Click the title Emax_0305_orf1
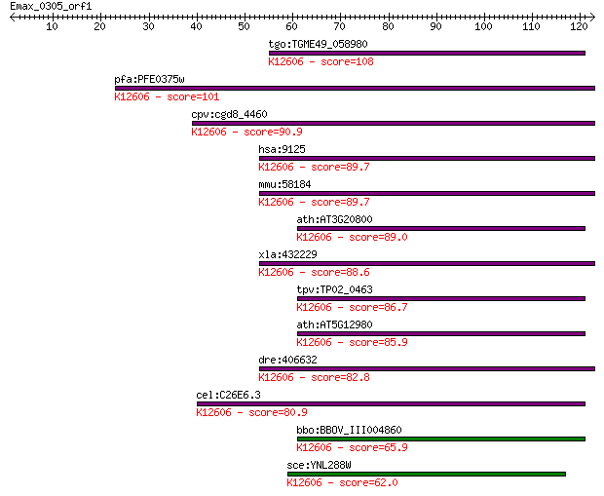51,6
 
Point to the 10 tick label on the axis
52,26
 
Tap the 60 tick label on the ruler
291,26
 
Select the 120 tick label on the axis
579,26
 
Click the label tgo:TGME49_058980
319,44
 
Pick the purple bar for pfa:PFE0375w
355,89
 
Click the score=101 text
193,96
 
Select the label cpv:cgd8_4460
229,114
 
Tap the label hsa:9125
282,149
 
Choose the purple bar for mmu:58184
428,194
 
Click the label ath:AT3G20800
334,219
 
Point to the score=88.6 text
340,272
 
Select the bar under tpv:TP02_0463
441,299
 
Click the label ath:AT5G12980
334,324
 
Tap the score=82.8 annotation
340,377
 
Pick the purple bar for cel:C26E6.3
391,403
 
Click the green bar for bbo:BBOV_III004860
441,439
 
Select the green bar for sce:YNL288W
427,474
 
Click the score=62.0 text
368,482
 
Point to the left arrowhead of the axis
13,17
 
